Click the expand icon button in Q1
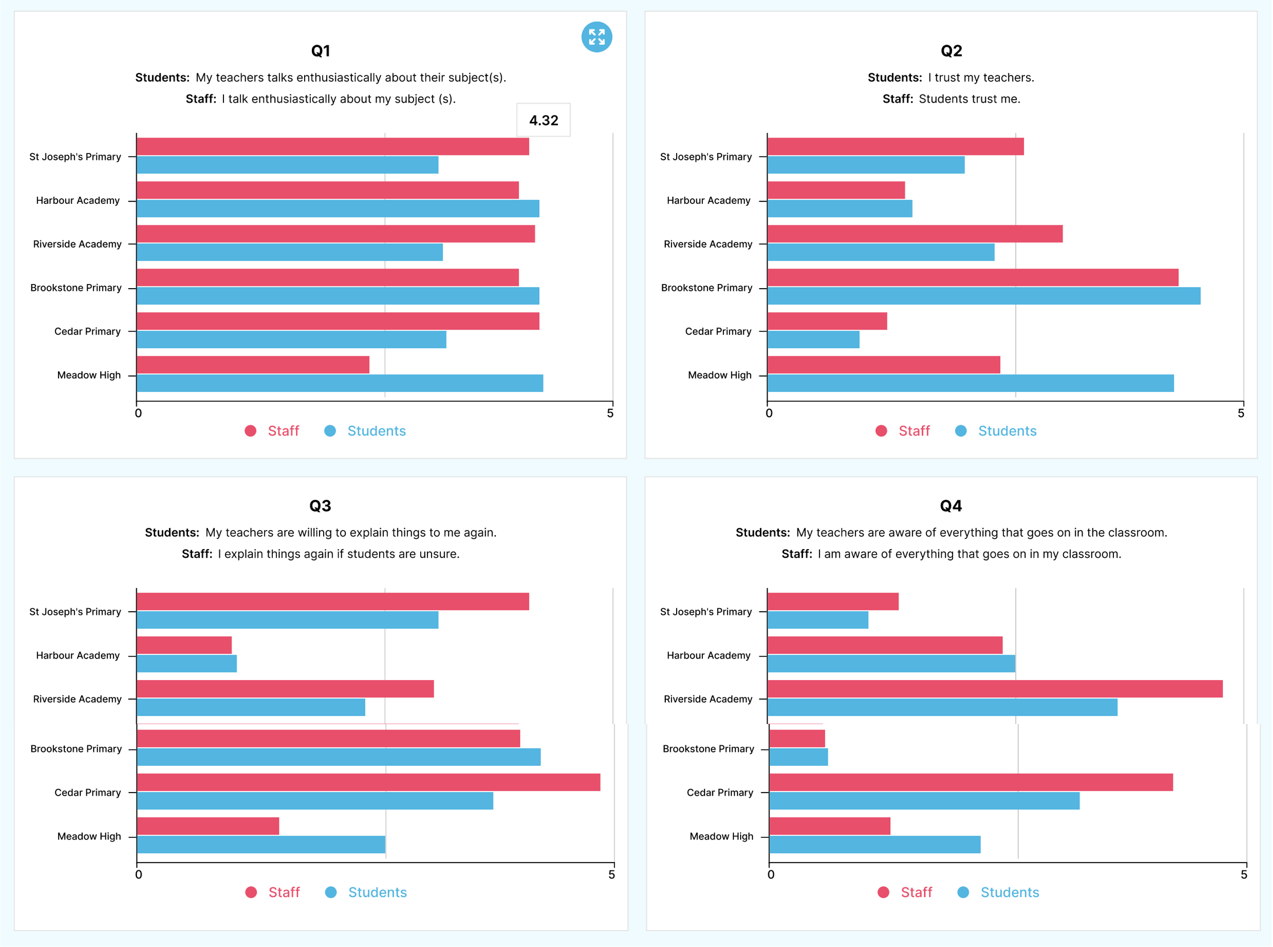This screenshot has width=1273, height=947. pyautogui.click(x=596, y=37)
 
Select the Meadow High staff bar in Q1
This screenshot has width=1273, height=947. pyautogui.click(x=253, y=365)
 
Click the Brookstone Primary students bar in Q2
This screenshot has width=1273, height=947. pyautogui.click(x=983, y=296)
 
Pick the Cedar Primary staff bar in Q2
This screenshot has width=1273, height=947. pyautogui.click(x=827, y=321)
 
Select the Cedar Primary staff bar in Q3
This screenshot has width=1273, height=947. pyautogui.click(x=368, y=782)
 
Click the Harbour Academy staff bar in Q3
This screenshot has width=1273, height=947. pyautogui.click(x=184, y=645)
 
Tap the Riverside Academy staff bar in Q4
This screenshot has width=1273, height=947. pyautogui.click(x=994, y=688)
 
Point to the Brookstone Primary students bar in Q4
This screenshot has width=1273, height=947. pyautogui.click(x=798, y=757)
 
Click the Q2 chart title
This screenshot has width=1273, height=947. pyautogui.click(x=951, y=51)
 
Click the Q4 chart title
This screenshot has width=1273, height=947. pyautogui.click(x=950, y=506)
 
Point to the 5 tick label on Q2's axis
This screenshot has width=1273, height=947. pyautogui.click(x=1240, y=413)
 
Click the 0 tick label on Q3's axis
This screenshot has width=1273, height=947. pyautogui.click(x=138, y=874)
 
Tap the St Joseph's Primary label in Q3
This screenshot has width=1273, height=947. pyautogui.click(x=75, y=612)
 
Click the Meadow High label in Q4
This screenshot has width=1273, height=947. pyautogui.click(x=721, y=836)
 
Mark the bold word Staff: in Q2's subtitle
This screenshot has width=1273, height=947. pyautogui.click(x=897, y=99)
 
